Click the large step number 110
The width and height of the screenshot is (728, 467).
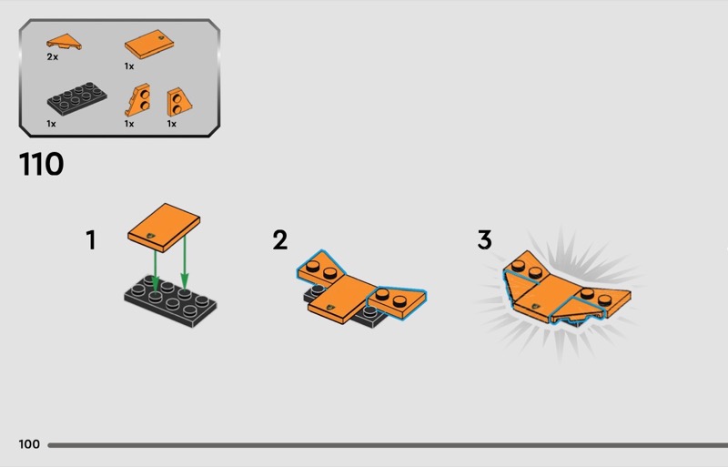(x=41, y=164)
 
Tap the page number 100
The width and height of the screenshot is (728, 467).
(x=29, y=444)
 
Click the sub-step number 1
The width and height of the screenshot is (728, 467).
(x=91, y=240)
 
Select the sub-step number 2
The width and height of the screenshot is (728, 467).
(x=279, y=240)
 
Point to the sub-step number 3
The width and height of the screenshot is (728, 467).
(x=484, y=240)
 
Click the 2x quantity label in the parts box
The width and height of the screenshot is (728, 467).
(x=53, y=56)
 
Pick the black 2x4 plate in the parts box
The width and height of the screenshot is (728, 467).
(x=76, y=98)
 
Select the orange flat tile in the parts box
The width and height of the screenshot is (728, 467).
(x=149, y=45)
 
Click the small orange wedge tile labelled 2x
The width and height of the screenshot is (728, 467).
(x=64, y=42)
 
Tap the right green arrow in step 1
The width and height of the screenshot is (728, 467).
(x=185, y=262)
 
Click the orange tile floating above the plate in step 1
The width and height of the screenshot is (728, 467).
(x=164, y=228)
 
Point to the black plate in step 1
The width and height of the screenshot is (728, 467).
(x=170, y=301)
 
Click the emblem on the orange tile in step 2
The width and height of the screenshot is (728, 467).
(x=331, y=307)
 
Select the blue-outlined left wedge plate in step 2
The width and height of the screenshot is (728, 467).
(x=320, y=269)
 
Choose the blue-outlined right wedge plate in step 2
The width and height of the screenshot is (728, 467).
(x=398, y=301)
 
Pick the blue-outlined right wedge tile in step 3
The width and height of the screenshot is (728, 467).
(x=578, y=310)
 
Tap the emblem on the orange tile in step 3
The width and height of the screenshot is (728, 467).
(x=536, y=307)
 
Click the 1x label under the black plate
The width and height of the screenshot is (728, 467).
(x=51, y=124)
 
